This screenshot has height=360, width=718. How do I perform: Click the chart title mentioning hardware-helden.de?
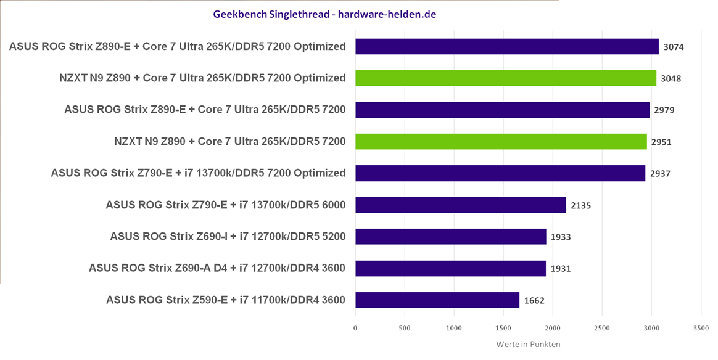pos(324,14)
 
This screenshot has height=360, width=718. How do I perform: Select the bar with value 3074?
pos(507,47)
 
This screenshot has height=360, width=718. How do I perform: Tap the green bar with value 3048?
pos(506,78)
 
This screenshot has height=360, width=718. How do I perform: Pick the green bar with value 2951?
pos(501,142)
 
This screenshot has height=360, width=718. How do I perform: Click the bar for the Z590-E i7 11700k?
pos(437,300)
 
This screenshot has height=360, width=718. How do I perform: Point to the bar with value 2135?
pos(461,205)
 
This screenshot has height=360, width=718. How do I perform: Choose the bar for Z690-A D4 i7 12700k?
pos(450,268)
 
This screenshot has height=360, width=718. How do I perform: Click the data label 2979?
pos(664,110)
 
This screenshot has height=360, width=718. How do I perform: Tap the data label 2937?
pos(660,174)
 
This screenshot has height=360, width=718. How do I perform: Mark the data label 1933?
pos(561,237)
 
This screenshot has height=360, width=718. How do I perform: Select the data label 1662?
pos(534,301)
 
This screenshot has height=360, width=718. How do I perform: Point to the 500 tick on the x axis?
pos(405,328)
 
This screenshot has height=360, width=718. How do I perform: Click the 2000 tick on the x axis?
pos(553,328)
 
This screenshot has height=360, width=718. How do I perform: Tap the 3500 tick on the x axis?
pos(701,328)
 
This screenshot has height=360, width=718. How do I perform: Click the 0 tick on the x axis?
pos(355,328)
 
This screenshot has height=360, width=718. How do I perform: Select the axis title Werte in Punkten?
pos(528,344)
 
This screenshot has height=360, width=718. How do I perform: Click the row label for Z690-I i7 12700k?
pos(228,236)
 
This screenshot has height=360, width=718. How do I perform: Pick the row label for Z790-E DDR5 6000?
pos(226,205)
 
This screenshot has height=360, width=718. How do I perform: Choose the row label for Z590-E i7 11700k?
pos(226,300)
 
